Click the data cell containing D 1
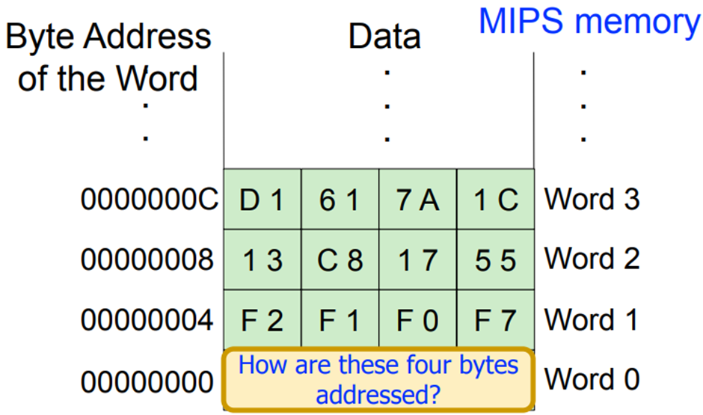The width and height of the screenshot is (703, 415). (x=263, y=199)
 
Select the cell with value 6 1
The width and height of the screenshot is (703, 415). (x=340, y=199)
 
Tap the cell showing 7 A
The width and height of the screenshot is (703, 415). (x=418, y=199)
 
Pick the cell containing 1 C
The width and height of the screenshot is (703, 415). (x=495, y=199)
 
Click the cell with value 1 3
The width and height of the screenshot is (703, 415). (x=263, y=259)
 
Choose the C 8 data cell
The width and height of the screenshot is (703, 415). (x=340, y=259)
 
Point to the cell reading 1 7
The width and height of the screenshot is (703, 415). (x=418, y=259)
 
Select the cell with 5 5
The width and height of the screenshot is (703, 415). (x=495, y=259)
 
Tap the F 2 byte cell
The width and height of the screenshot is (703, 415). (x=263, y=319)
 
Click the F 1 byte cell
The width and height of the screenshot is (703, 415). (x=340, y=319)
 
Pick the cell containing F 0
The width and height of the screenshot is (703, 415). (x=418, y=319)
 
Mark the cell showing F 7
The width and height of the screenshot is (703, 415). (x=495, y=319)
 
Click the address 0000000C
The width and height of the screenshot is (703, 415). (x=150, y=199)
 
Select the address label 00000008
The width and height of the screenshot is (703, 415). (x=147, y=259)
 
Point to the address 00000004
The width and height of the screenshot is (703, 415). (x=147, y=320)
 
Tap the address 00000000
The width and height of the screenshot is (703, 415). (x=147, y=382)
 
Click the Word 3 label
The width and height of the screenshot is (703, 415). (x=592, y=199)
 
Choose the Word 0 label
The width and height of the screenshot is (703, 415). (x=592, y=379)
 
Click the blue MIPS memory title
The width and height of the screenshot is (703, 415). (x=589, y=21)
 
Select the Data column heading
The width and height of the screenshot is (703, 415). (x=384, y=37)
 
